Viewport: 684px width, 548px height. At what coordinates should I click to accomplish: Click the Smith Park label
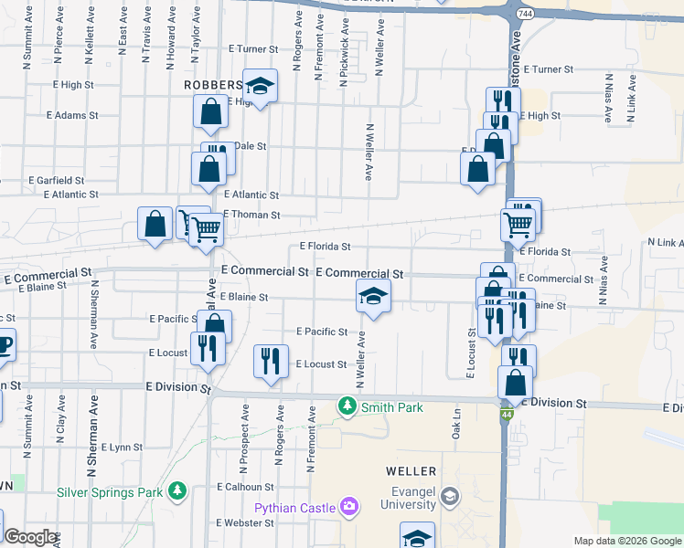pyautogui.click(x=391, y=407)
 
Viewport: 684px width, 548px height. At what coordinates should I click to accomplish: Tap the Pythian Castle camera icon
pyautogui.click(x=348, y=506)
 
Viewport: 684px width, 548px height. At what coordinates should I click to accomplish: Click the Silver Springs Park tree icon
pyautogui.click(x=176, y=491)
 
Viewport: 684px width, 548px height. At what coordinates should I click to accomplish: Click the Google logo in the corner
pyautogui.click(x=30, y=537)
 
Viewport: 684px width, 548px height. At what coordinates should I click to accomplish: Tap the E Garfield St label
pyautogui.click(x=57, y=181)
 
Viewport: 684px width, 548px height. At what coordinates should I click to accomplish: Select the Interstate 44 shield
pyautogui.click(x=506, y=416)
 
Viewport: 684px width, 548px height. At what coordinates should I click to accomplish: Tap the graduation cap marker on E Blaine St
pyautogui.click(x=373, y=296)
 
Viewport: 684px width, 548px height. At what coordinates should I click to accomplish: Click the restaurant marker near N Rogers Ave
pyautogui.click(x=271, y=360)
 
